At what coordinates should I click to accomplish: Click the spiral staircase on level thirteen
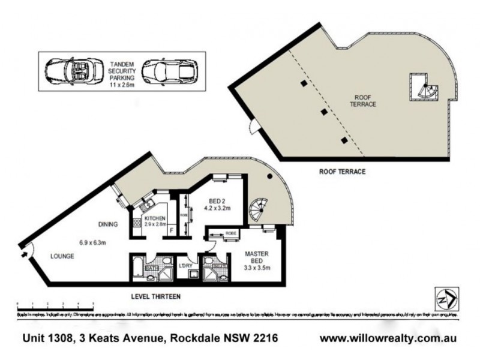point(263,211)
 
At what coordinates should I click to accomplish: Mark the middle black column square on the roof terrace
point(324,112)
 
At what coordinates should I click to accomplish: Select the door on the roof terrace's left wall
point(255,127)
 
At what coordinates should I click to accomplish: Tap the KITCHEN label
point(155,217)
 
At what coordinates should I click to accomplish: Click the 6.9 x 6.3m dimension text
point(92,242)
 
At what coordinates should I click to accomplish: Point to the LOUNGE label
point(62,256)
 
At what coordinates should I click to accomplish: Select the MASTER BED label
point(256,257)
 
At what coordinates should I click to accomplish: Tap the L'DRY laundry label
point(185,266)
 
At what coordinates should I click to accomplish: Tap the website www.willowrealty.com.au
point(388,338)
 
